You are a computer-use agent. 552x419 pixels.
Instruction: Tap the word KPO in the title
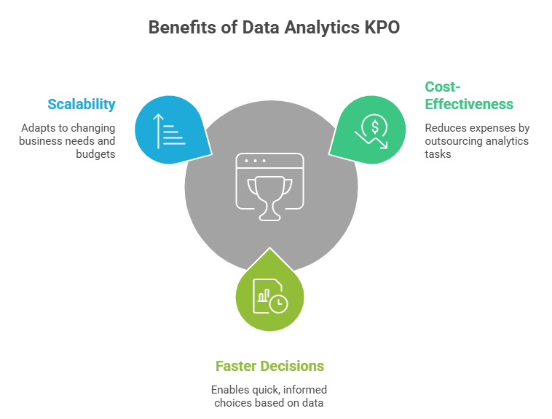pos(381,28)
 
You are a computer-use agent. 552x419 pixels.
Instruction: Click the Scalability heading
pos(82,104)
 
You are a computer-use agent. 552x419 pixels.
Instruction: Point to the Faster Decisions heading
pos(269,365)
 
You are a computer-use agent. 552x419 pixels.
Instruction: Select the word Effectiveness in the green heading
pos(469,104)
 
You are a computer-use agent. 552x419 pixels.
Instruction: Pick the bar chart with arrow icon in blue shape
pos(169,129)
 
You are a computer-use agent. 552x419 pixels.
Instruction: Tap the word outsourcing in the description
pos(452,141)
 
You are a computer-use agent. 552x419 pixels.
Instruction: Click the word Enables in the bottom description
pos(227,389)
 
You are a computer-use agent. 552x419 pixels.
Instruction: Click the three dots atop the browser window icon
pos(255,160)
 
